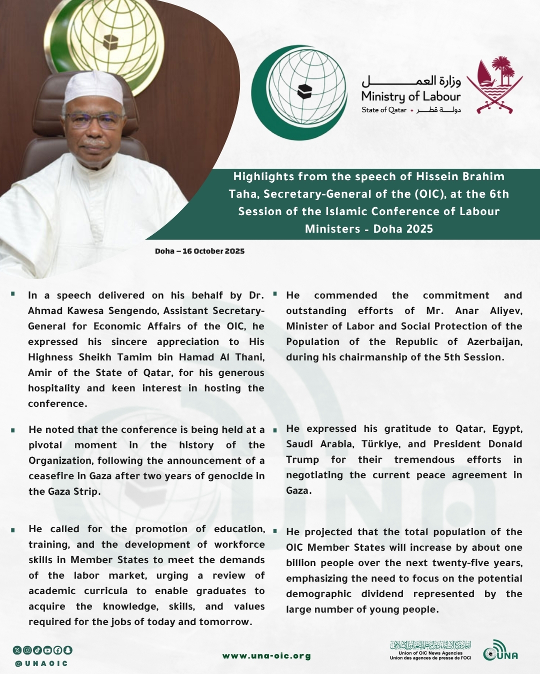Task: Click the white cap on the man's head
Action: coord(94,87)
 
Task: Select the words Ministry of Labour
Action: coord(410,96)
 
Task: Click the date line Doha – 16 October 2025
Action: coord(199,251)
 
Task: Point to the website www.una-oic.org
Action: coord(266,656)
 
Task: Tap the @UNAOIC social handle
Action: coord(41,664)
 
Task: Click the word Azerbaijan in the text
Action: coord(494,341)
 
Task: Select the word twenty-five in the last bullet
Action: coord(460,563)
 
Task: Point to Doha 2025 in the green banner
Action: coord(403,229)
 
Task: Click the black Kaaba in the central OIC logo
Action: coord(304,91)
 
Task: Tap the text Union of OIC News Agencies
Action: coord(430,653)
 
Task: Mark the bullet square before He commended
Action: coord(275,294)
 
